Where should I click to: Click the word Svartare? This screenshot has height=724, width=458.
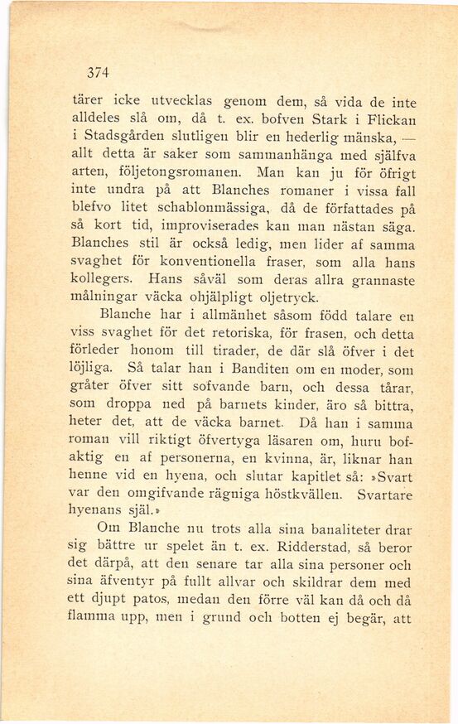pos(389,496)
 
